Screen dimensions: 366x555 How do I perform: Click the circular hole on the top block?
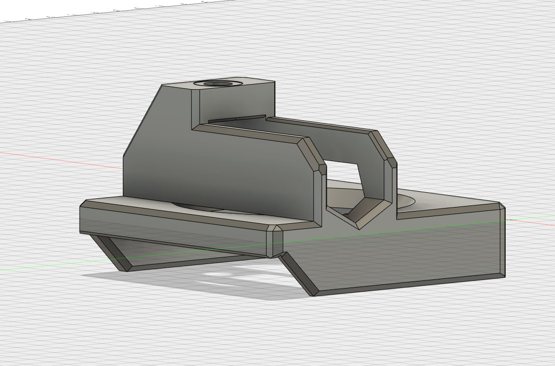click(x=218, y=84)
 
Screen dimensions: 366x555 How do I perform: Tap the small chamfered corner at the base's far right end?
click(x=501, y=206)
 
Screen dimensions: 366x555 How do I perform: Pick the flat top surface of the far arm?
click(x=316, y=125)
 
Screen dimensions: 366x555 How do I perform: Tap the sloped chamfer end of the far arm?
click(x=382, y=145)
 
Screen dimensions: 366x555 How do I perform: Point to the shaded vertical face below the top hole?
click(x=234, y=104)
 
